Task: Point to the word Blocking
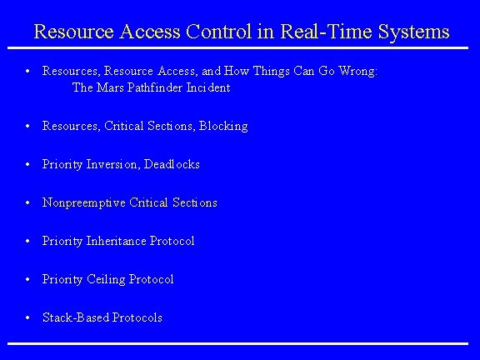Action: pyautogui.click(x=223, y=126)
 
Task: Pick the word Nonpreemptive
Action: pyautogui.click(x=83, y=202)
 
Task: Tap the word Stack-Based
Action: pyautogui.click(x=74, y=317)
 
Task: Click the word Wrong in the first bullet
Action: pyautogui.click(x=357, y=72)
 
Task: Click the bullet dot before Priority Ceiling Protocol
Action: pyautogui.click(x=28, y=279)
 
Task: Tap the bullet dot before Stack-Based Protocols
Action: pyautogui.click(x=28, y=317)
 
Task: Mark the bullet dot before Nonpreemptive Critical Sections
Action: pyautogui.click(x=28, y=202)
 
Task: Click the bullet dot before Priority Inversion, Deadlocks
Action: pyautogui.click(x=28, y=164)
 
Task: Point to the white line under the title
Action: pyautogui.click(x=240, y=48)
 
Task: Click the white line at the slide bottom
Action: pyautogui.click(x=240, y=342)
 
